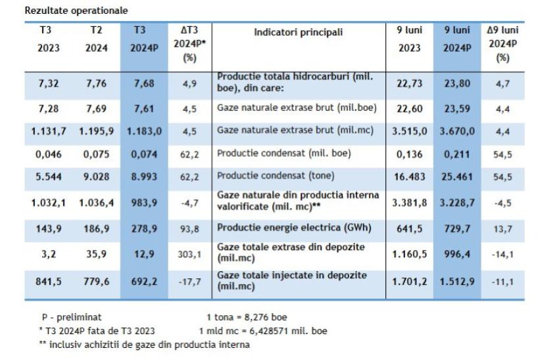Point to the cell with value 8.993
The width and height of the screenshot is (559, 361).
click(x=140, y=176)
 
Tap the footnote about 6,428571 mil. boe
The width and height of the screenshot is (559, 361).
click(x=264, y=330)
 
